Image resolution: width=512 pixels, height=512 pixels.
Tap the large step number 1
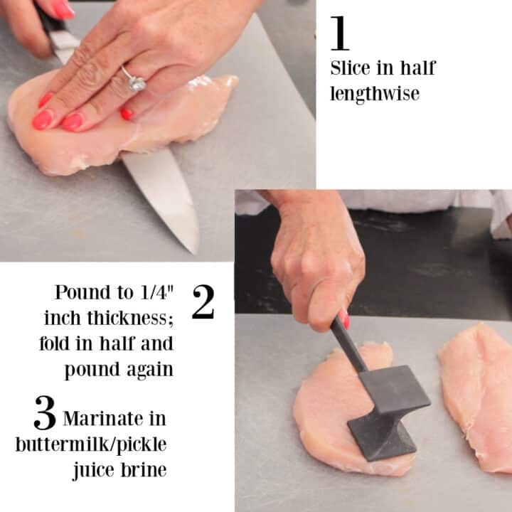tap(340, 33)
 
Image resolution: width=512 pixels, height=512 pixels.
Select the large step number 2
tap(203, 302)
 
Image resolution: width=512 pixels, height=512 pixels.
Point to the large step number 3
tap(45, 412)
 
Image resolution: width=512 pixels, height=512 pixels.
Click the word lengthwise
tap(375, 94)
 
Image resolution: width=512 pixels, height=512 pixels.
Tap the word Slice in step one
tap(351, 68)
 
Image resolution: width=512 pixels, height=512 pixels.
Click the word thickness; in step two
tap(130, 318)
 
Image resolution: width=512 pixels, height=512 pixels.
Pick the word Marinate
tap(103, 419)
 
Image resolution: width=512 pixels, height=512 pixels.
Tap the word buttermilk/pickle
tap(91, 445)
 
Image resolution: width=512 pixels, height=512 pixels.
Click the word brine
tap(144, 470)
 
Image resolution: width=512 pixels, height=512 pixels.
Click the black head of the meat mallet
tap(388, 413)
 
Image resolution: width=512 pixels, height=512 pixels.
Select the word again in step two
tap(150, 370)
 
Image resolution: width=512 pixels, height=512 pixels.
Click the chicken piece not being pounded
tap(476, 398)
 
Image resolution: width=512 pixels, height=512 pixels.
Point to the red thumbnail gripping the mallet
tap(343, 319)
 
